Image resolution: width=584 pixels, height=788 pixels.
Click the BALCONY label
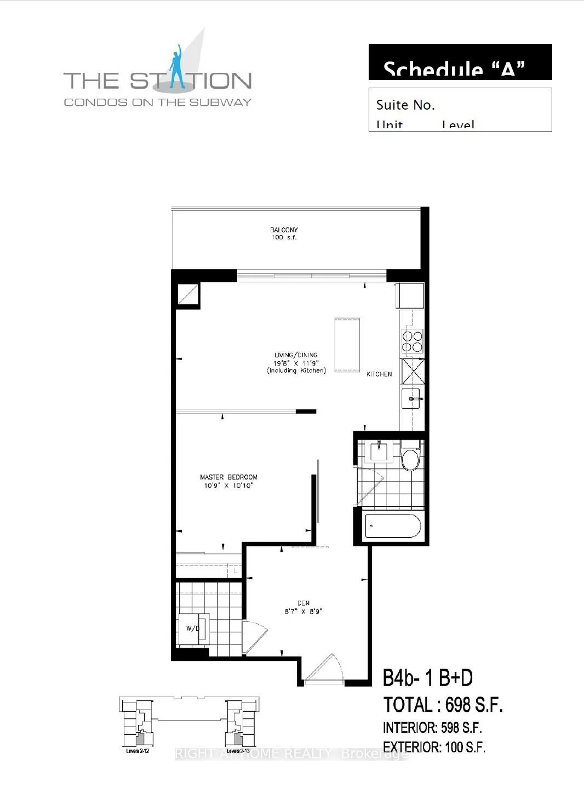[284, 230]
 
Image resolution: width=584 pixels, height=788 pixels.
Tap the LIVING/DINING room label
[296, 355]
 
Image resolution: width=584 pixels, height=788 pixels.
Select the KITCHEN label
[379, 374]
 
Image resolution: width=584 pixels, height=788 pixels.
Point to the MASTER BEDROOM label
[228, 477]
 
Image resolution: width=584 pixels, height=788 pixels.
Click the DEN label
[304, 603]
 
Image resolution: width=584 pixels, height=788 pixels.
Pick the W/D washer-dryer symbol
[193, 628]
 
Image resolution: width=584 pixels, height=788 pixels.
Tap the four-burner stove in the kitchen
[413, 341]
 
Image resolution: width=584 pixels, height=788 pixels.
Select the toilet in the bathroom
[410, 459]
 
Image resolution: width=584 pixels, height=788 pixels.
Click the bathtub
[392, 527]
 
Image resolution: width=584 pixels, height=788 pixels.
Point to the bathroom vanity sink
[379, 452]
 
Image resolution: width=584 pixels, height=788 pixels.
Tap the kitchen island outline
[347, 344]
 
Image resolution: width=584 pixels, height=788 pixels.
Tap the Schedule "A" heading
[454, 69]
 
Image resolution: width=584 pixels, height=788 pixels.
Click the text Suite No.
[405, 105]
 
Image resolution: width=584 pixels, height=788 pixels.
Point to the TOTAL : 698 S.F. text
[443, 705]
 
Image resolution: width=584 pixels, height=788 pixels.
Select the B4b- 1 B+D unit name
[427, 678]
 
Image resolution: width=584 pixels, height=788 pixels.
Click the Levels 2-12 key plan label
[138, 751]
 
